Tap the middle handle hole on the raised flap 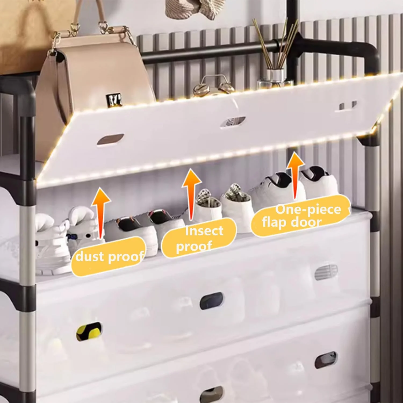(233, 121)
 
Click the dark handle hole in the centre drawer (211, 301)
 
